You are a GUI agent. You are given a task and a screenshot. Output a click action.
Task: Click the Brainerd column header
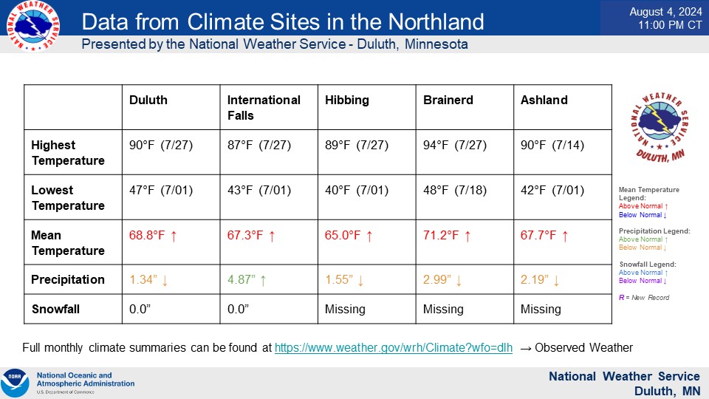click(x=448, y=100)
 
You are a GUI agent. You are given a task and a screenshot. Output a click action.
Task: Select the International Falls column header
click(x=264, y=108)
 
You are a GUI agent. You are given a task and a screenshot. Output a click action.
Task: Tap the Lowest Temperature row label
click(x=68, y=198)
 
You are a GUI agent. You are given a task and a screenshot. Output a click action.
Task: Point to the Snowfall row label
click(x=55, y=309)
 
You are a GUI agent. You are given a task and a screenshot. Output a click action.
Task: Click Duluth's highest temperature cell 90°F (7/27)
click(x=161, y=146)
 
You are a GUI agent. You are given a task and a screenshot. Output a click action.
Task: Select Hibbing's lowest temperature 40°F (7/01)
click(x=357, y=191)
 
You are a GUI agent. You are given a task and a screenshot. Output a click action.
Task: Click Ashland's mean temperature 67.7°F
click(x=538, y=235)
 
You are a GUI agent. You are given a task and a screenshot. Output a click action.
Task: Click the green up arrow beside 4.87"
click(x=263, y=281)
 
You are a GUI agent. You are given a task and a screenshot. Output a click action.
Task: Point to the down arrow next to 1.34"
click(x=165, y=281)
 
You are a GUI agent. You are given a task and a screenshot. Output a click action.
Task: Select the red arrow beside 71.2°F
click(x=467, y=236)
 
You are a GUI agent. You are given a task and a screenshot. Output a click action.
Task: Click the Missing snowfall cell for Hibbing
click(x=345, y=310)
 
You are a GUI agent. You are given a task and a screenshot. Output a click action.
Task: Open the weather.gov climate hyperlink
click(x=394, y=347)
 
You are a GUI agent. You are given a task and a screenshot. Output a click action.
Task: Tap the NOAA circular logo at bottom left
click(x=15, y=383)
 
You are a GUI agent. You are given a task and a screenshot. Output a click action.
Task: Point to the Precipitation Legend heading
click(x=654, y=231)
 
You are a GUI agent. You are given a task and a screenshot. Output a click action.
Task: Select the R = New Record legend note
click(x=644, y=298)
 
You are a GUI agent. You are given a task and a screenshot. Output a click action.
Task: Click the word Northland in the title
click(x=436, y=21)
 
